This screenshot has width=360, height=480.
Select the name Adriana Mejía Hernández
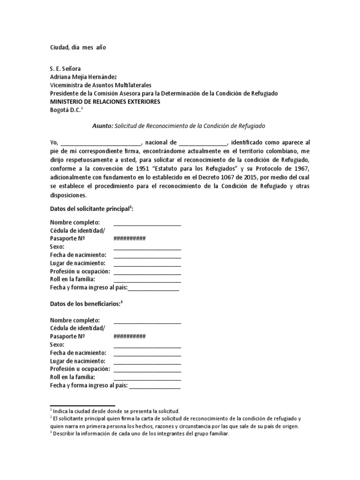[87, 76]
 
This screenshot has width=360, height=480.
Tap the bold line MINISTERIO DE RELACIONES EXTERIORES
[105, 101]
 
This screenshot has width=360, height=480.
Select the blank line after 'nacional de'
[202, 142]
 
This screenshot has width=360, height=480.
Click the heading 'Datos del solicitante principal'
[91, 209]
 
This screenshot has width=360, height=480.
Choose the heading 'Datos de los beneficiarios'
[86, 303]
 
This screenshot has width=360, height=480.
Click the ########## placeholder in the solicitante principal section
[129, 238]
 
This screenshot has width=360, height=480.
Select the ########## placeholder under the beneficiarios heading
[129, 337]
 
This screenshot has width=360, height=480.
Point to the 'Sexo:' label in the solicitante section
[57, 247]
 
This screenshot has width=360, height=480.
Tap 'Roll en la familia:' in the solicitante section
[73, 280]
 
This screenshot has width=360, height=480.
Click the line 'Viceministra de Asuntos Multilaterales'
[101, 85]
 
